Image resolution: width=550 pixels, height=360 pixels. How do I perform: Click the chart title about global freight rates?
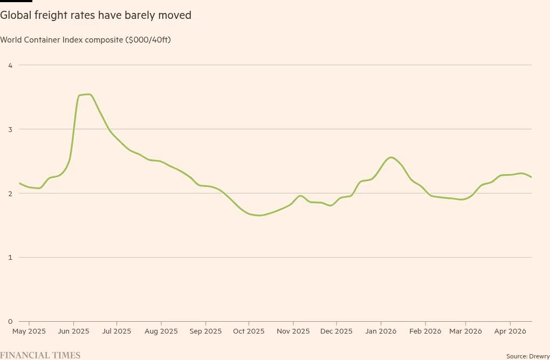(x=96, y=15)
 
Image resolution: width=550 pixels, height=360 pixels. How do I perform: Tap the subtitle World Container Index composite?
(x=85, y=40)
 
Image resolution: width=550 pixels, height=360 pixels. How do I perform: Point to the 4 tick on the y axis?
(x=10, y=65)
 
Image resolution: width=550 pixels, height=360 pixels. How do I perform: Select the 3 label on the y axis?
(x=10, y=129)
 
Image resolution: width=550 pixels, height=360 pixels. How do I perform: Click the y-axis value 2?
(x=10, y=193)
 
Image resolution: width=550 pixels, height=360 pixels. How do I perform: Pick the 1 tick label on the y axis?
(x=10, y=258)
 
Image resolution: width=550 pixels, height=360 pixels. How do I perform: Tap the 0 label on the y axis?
(x=10, y=322)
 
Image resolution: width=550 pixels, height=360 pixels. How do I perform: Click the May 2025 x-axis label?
(x=29, y=331)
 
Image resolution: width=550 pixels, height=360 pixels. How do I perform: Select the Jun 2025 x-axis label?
(x=73, y=331)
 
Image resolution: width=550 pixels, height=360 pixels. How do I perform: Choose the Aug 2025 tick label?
(x=161, y=331)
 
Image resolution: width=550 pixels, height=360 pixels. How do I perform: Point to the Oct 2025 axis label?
(x=249, y=331)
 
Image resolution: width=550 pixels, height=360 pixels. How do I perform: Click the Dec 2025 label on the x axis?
(x=336, y=331)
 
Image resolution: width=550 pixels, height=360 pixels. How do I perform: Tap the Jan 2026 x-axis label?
(x=381, y=331)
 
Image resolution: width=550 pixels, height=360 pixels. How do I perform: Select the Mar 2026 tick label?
(x=466, y=331)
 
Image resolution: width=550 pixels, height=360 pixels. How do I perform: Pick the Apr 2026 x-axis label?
(x=510, y=331)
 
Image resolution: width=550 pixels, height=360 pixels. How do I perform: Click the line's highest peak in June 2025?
(x=88, y=94)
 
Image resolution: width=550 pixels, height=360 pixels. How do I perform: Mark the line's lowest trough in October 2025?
(x=259, y=216)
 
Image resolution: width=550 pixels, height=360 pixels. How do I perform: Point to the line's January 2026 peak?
(x=391, y=157)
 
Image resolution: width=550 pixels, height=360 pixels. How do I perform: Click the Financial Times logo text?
(x=40, y=355)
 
